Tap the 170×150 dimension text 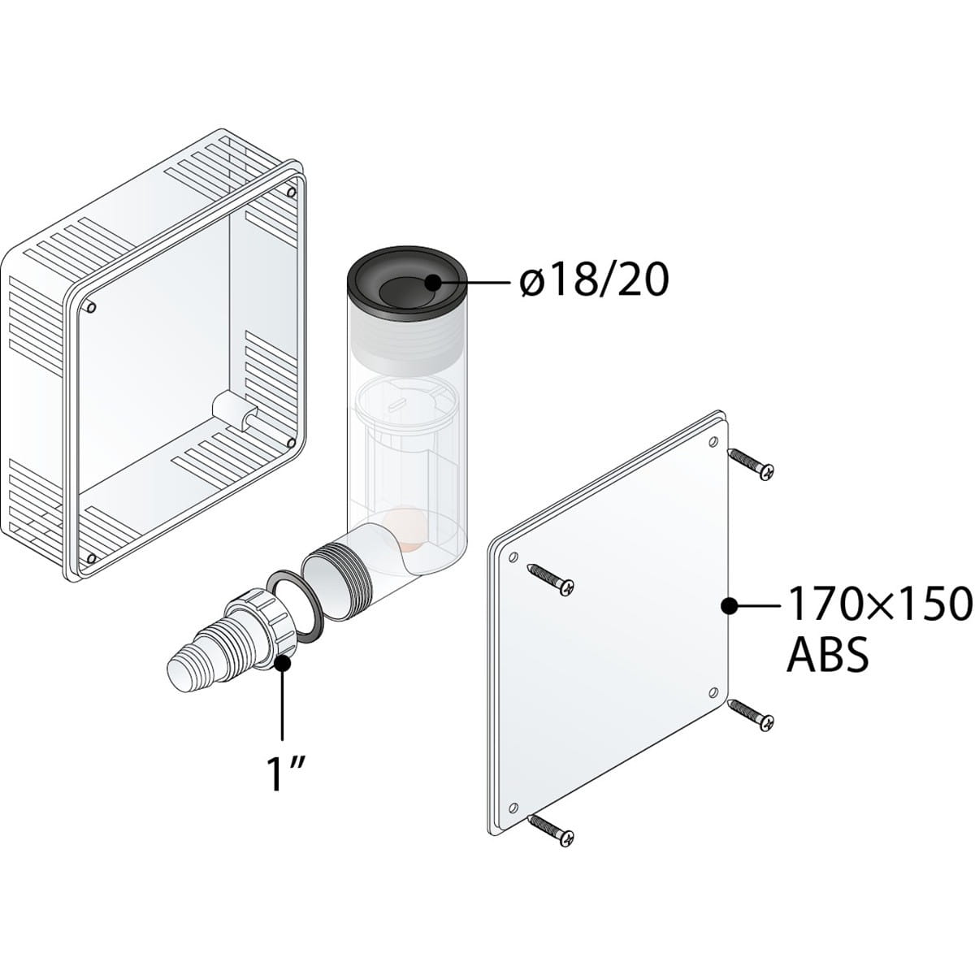(x=879, y=604)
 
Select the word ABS (x=828, y=653)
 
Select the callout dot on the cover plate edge (x=729, y=604)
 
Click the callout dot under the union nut (x=284, y=662)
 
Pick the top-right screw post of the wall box (x=290, y=193)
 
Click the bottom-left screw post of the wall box (x=90, y=558)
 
